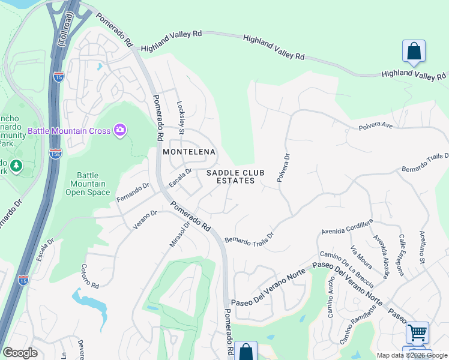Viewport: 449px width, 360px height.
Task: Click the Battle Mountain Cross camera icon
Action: [x=119, y=130]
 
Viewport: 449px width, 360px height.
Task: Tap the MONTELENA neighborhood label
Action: [x=189, y=152]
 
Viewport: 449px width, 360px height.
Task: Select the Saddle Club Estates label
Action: [x=231, y=176]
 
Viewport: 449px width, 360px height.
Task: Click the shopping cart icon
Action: [x=417, y=332]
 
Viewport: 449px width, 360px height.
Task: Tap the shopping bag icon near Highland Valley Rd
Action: [x=414, y=51]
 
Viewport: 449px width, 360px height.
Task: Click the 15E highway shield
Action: [x=55, y=153]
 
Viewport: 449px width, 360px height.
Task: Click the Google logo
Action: [x=20, y=353]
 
